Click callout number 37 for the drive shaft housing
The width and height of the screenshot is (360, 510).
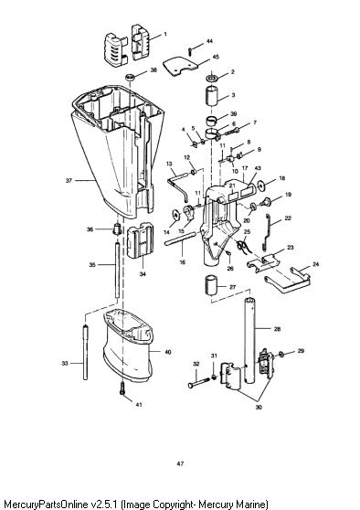click(x=69, y=180)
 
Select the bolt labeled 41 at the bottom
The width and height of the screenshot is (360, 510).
click(x=122, y=388)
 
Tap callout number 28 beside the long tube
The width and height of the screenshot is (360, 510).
click(x=277, y=329)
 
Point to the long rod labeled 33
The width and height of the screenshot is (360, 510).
click(x=86, y=352)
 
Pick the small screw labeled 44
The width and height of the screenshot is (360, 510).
click(x=190, y=51)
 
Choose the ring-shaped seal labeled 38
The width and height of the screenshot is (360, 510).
click(x=131, y=78)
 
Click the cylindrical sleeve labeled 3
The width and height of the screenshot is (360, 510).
click(x=212, y=95)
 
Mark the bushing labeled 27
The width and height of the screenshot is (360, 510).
click(x=211, y=285)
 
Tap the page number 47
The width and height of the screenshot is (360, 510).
click(x=180, y=463)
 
